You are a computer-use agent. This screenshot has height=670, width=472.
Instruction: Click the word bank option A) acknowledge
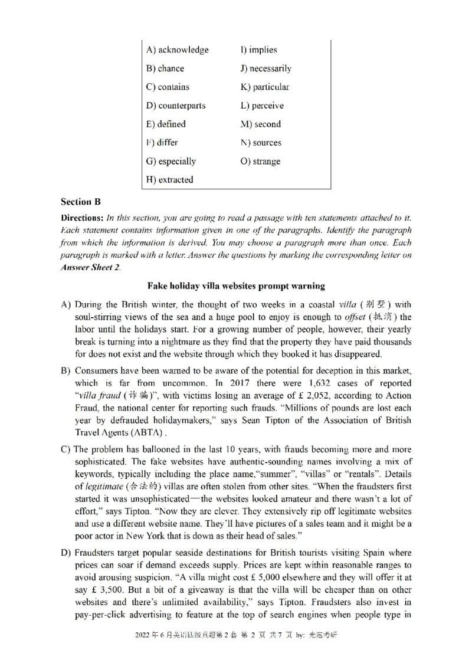click(x=177, y=50)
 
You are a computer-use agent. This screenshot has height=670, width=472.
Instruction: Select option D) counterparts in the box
click(x=176, y=106)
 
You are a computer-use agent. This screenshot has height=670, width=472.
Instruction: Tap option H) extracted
click(x=169, y=179)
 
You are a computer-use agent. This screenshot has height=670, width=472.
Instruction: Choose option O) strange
click(x=260, y=161)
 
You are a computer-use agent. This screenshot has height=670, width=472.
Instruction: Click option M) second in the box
click(x=260, y=124)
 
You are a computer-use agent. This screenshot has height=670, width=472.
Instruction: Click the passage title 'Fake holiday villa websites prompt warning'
click(x=236, y=286)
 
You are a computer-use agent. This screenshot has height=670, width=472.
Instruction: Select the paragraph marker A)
click(x=67, y=305)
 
